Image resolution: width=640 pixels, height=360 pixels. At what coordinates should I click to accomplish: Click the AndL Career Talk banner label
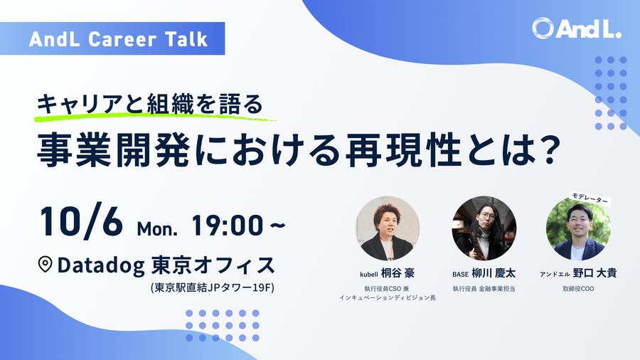(x=119, y=38)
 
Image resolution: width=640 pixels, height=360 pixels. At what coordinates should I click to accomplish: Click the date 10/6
(x=80, y=223)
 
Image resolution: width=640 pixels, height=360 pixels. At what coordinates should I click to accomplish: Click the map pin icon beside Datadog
(x=45, y=265)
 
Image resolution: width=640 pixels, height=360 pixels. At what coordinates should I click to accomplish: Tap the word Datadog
(x=102, y=265)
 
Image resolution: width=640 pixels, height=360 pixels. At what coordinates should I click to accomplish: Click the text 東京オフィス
(x=213, y=265)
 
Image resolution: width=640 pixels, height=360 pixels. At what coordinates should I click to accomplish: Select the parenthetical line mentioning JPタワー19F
(x=212, y=288)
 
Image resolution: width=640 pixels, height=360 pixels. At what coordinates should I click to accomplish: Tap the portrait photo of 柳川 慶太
(x=484, y=228)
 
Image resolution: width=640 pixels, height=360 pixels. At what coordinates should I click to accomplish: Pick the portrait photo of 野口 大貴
(x=578, y=228)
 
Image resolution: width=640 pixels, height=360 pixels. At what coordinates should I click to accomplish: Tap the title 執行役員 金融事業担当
(x=484, y=289)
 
